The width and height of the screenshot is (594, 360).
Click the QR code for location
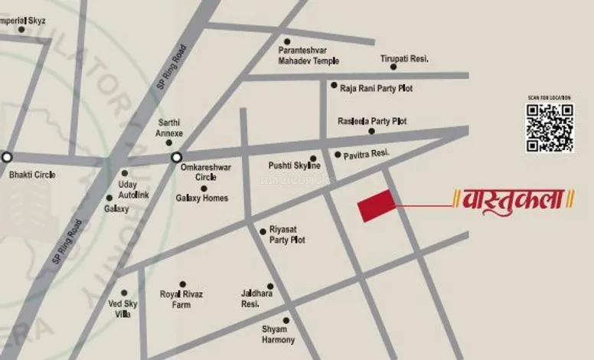(x=550, y=127)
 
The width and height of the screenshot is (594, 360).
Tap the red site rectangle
(x=377, y=206)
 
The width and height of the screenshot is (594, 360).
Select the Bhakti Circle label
(x=32, y=175)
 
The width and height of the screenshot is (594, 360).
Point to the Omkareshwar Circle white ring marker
(x=176, y=158)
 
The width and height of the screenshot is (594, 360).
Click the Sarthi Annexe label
(x=170, y=127)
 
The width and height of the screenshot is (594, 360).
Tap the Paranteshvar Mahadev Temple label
(x=308, y=56)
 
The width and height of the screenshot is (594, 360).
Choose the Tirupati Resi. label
(x=404, y=59)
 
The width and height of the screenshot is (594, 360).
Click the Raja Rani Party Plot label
(x=376, y=89)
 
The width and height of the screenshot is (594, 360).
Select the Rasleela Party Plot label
(x=372, y=122)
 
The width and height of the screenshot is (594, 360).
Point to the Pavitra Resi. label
(x=367, y=154)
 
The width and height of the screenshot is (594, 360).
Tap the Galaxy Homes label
(x=202, y=198)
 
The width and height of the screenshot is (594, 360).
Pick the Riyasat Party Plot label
(x=287, y=235)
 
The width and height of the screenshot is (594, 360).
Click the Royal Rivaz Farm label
(x=181, y=299)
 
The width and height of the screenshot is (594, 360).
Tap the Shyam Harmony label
(x=278, y=335)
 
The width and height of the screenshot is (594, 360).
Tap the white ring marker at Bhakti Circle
(x=7, y=157)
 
